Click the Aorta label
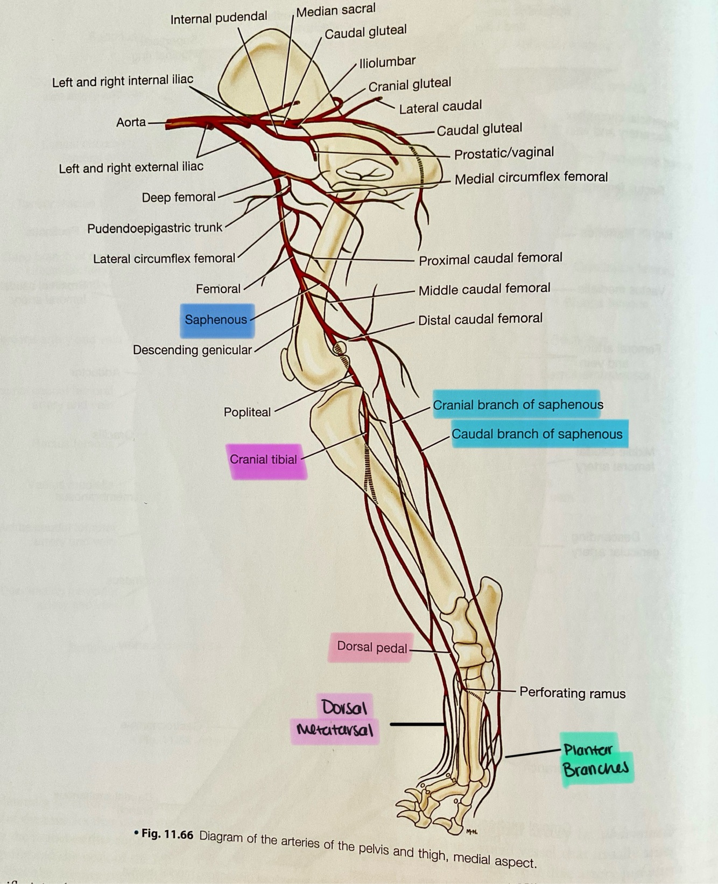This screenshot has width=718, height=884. coord(131,122)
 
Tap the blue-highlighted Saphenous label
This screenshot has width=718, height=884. coord(216,320)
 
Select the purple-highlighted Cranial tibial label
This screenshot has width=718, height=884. coord(263,460)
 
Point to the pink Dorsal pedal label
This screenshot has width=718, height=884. coord(371,647)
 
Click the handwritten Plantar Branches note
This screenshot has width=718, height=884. coord(595,759)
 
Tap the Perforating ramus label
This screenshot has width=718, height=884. coord(572,693)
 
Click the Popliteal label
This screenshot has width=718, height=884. coord(247,412)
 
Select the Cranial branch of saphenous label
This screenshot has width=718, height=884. coord(518,405)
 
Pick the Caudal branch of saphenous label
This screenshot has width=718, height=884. coord(537,434)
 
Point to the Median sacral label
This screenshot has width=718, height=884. coord(336,10)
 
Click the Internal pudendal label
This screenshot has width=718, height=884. coord(219,18)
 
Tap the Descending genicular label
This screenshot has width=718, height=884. coord(192,350)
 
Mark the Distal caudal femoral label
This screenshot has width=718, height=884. coord(480,319)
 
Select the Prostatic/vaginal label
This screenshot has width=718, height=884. coord(504,153)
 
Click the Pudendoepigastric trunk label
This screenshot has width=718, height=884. coord(154,228)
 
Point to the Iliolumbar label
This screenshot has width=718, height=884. coord(388,62)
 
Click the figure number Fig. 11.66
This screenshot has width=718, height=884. coord(167,834)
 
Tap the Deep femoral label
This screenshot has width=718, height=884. coord(178,198)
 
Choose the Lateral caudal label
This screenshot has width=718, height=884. coord(440,107)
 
